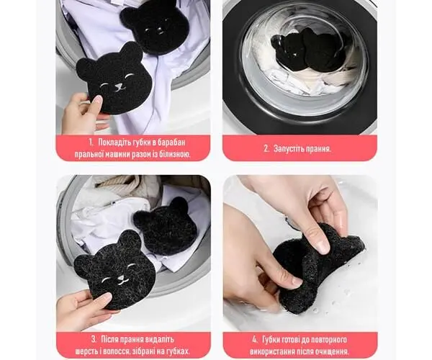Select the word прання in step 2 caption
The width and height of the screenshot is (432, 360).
(x=320, y=149)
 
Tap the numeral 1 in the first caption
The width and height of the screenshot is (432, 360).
(x=91, y=143)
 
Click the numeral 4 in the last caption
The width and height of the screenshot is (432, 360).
(x=255, y=339)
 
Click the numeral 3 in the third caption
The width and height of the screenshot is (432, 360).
(x=94, y=339)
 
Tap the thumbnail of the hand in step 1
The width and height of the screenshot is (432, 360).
(x=96, y=100)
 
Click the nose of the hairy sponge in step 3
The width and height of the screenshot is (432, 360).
(x=121, y=280)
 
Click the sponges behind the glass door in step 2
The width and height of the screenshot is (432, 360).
(x=307, y=52)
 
